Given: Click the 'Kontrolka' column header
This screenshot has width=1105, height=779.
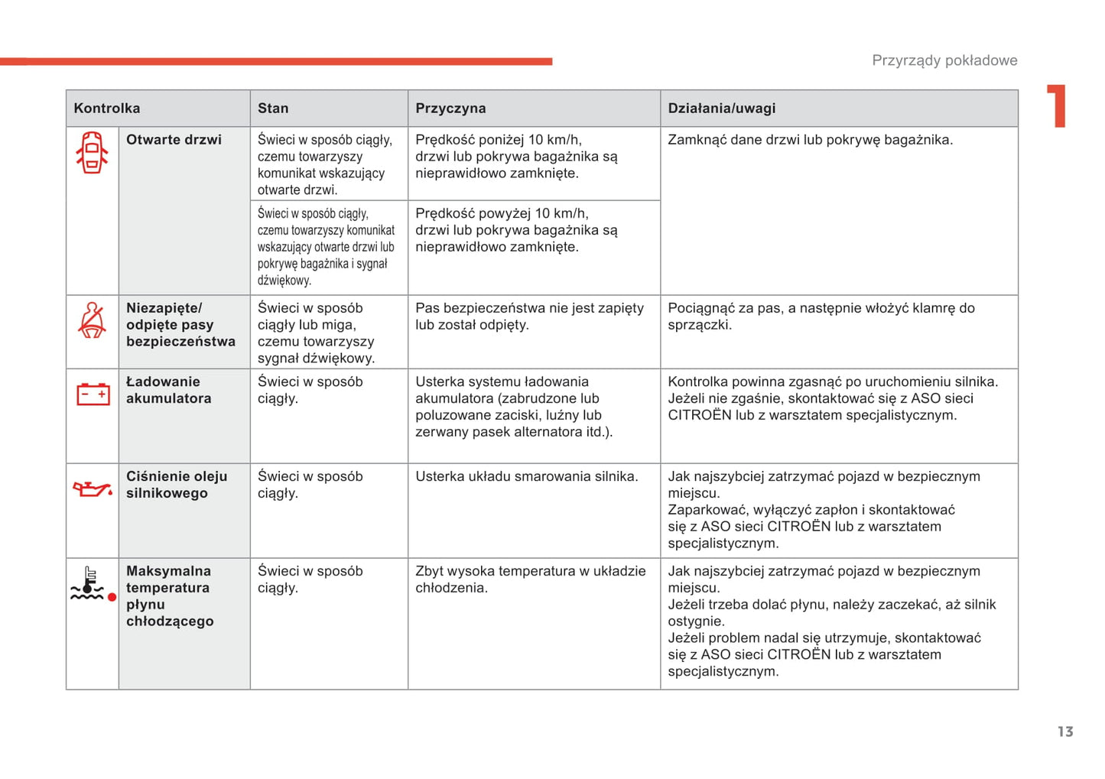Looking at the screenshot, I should point(107,109).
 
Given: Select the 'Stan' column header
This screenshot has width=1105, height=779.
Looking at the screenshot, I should point(273,109).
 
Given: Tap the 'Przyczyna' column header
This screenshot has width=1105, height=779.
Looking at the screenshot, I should point(450,109).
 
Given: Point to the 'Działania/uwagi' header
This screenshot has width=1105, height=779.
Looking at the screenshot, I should point(721,109).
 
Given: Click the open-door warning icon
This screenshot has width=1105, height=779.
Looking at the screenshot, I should point(92,152).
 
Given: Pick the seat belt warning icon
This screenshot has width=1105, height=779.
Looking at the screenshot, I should point(93,320).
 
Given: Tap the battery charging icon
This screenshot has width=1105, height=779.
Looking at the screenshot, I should point(93,394).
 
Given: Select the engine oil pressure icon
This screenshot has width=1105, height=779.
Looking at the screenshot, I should point(93,488).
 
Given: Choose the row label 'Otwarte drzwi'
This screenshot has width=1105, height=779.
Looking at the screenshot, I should point(174,140).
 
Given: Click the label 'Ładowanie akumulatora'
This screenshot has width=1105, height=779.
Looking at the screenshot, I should point(168,390).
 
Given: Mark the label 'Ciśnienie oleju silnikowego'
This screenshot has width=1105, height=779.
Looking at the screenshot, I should point(177,485).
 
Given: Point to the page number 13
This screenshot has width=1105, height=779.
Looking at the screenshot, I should point(1065,732).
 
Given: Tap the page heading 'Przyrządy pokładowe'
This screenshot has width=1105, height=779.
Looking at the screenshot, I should point(944,60).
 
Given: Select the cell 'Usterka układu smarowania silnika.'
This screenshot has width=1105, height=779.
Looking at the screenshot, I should point(526,476).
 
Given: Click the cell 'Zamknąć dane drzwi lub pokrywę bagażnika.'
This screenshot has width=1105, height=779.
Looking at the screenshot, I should point(810,140).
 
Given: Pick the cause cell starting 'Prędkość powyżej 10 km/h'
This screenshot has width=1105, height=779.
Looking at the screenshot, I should point(516,230).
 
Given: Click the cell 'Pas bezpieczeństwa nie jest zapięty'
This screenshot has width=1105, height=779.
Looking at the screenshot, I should point(529,316).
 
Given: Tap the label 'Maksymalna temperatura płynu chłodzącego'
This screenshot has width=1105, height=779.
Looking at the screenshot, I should point(170,596).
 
